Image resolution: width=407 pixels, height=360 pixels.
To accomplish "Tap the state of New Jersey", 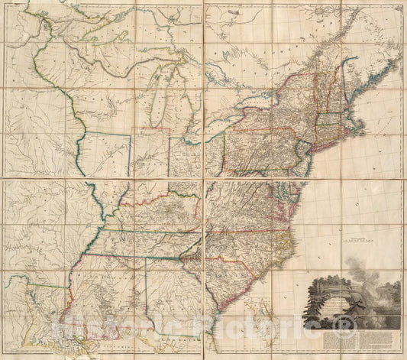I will point(305,157).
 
